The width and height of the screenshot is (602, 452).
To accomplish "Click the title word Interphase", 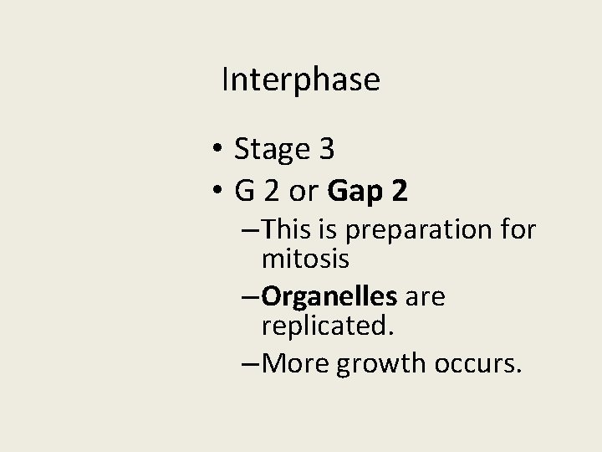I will pyautogui.click(x=301, y=80).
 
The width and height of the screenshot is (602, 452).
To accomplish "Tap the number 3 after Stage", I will pyautogui.click(x=326, y=150).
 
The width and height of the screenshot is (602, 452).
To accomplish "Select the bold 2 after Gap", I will pyautogui.click(x=399, y=192).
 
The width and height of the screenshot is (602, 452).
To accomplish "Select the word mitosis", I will pyautogui.click(x=305, y=259).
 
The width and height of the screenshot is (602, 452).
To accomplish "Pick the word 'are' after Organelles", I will pyautogui.click(x=426, y=295).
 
